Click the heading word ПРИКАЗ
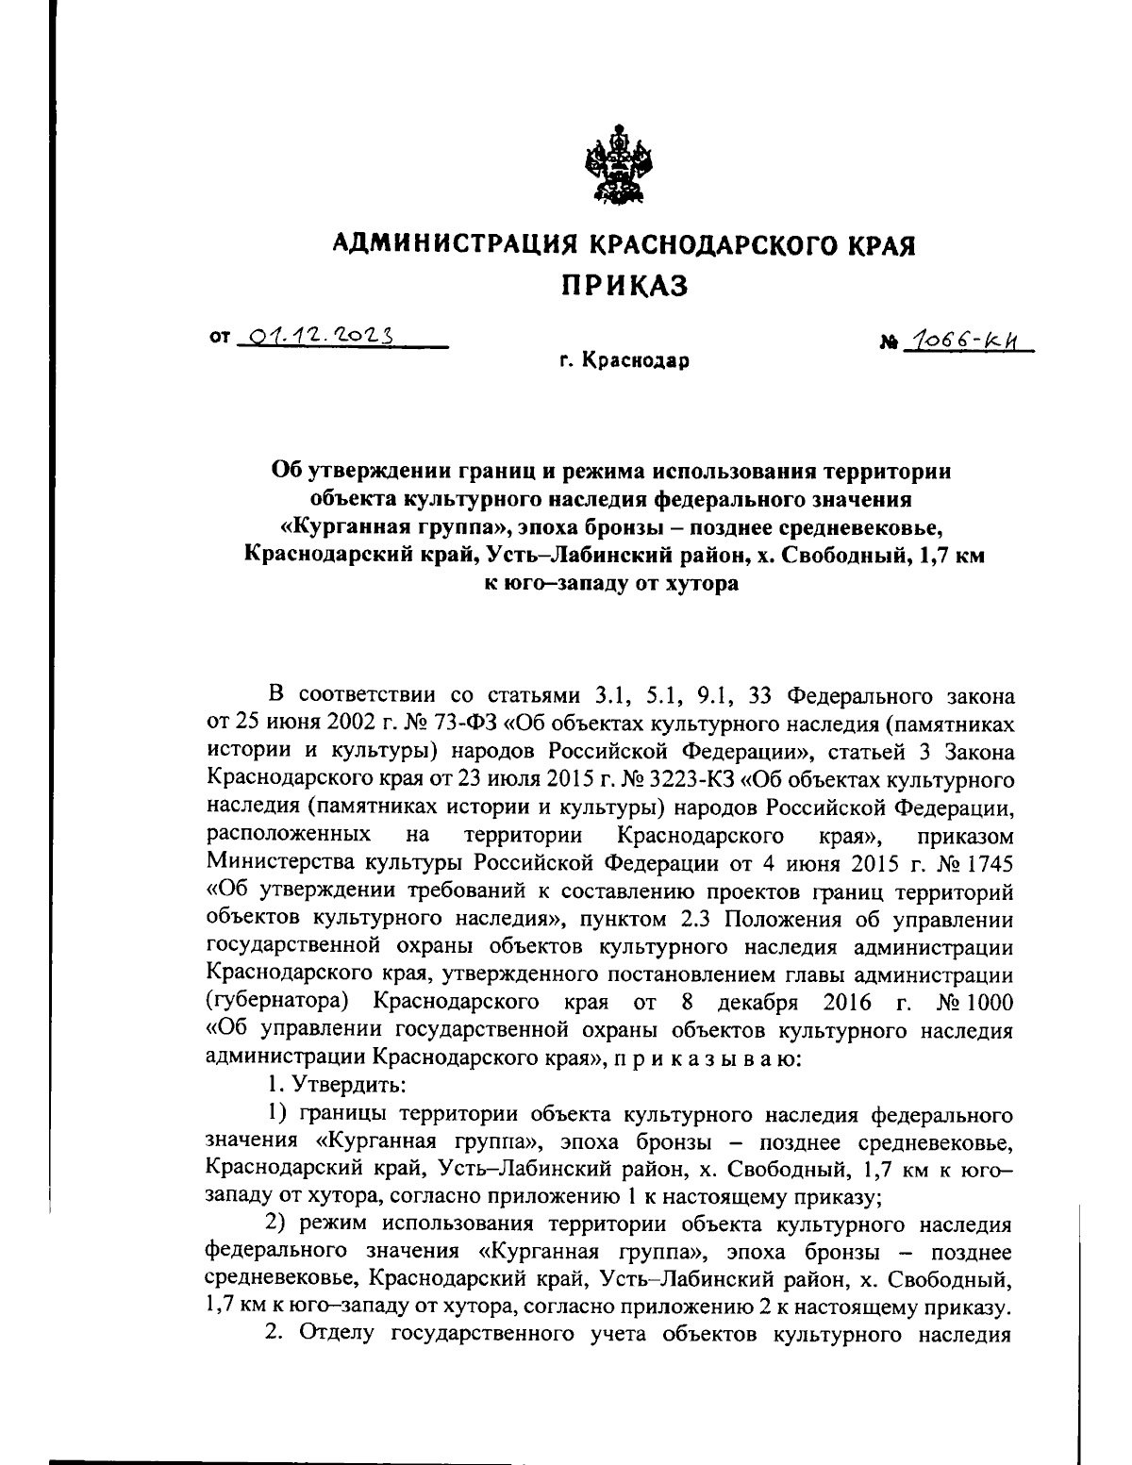pyautogui.click(x=624, y=284)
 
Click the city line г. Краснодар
pyautogui.click(x=623, y=361)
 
